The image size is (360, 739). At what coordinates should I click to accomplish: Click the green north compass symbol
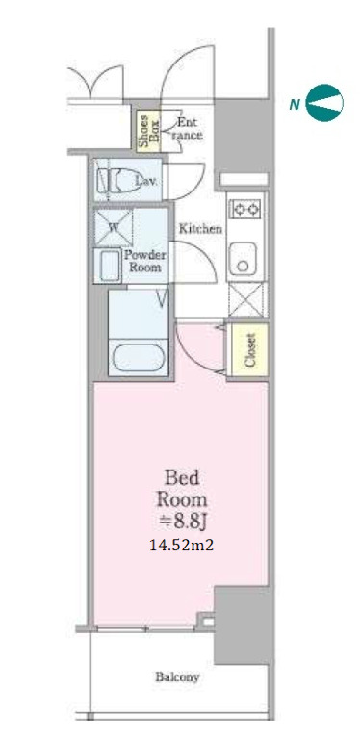click(x=324, y=103)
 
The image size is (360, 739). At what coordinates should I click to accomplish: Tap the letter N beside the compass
click(x=295, y=105)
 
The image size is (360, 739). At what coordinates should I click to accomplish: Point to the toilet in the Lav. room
click(x=119, y=180)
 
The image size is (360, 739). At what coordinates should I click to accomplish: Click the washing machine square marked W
click(x=114, y=227)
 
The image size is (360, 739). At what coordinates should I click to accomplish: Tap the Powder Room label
click(x=145, y=262)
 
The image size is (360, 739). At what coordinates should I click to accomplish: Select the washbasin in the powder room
click(x=108, y=266)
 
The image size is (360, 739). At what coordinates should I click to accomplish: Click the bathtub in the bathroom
click(x=138, y=357)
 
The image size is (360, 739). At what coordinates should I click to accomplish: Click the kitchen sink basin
click(x=243, y=259)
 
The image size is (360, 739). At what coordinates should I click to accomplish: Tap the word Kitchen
click(x=200, y=230)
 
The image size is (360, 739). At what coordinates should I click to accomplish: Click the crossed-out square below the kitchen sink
click(x=247, y=300)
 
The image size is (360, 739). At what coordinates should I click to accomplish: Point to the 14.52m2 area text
click(x=181, y=546)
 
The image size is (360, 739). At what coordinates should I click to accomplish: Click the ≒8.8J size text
click(x=182, y=522)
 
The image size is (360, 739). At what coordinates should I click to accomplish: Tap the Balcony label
click(x=177, y=677)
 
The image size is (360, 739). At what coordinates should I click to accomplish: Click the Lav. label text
click(x=146, y=180)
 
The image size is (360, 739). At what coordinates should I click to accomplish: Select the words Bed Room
click(x=182, y=489)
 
